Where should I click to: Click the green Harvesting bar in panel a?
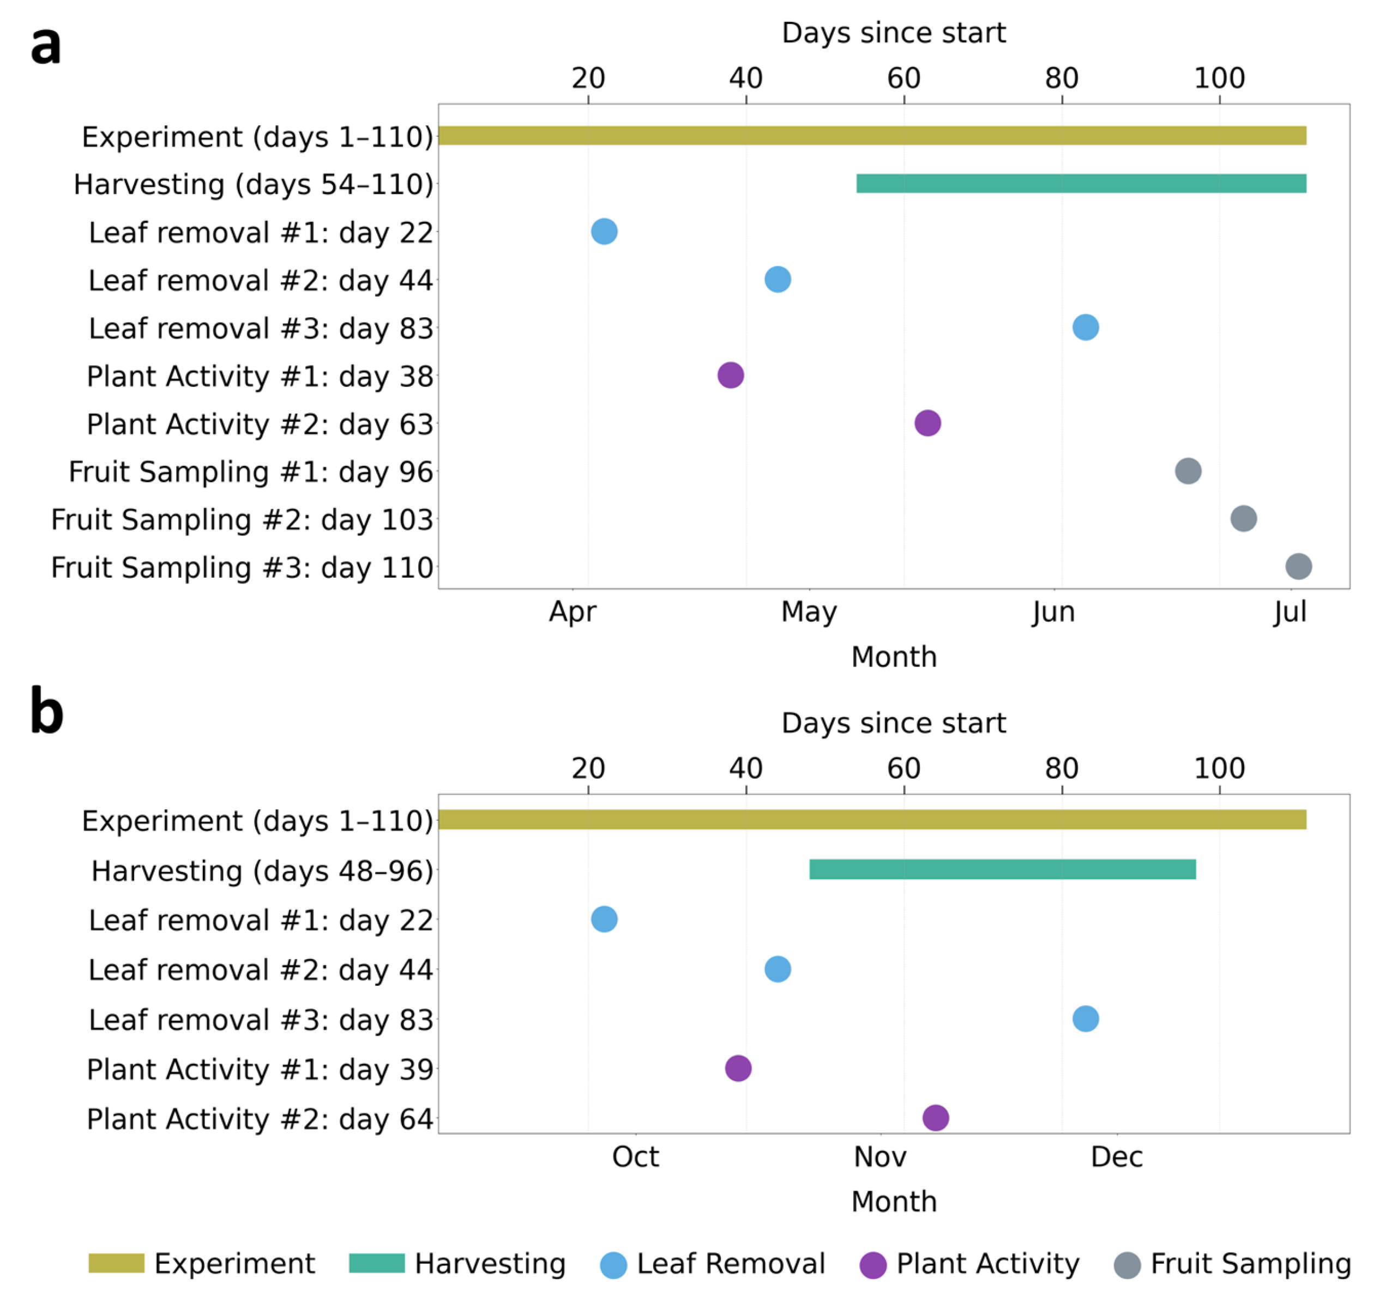point(1081,184)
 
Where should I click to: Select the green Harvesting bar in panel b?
point(1003,869)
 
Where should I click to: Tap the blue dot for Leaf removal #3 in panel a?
point(1086,327)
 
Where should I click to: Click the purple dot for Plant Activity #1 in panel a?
point(730,375)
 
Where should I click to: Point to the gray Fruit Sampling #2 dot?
point(1244,519)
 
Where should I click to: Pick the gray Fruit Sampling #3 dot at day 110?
point(1299,566)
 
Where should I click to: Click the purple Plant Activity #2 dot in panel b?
point(936,1118)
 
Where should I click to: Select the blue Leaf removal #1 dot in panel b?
point(604,919)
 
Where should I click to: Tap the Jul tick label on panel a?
point(1291,613)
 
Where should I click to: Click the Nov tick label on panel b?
point(880,1157)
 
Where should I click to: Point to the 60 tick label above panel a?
point(904,78)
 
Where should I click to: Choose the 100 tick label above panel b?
point(1220,768)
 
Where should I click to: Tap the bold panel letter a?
point(46,45)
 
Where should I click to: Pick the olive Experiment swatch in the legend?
point(116,1263)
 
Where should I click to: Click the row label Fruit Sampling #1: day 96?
point(251,472)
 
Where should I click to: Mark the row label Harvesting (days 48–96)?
point(263,871)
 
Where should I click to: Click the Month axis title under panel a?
point(894,657)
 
